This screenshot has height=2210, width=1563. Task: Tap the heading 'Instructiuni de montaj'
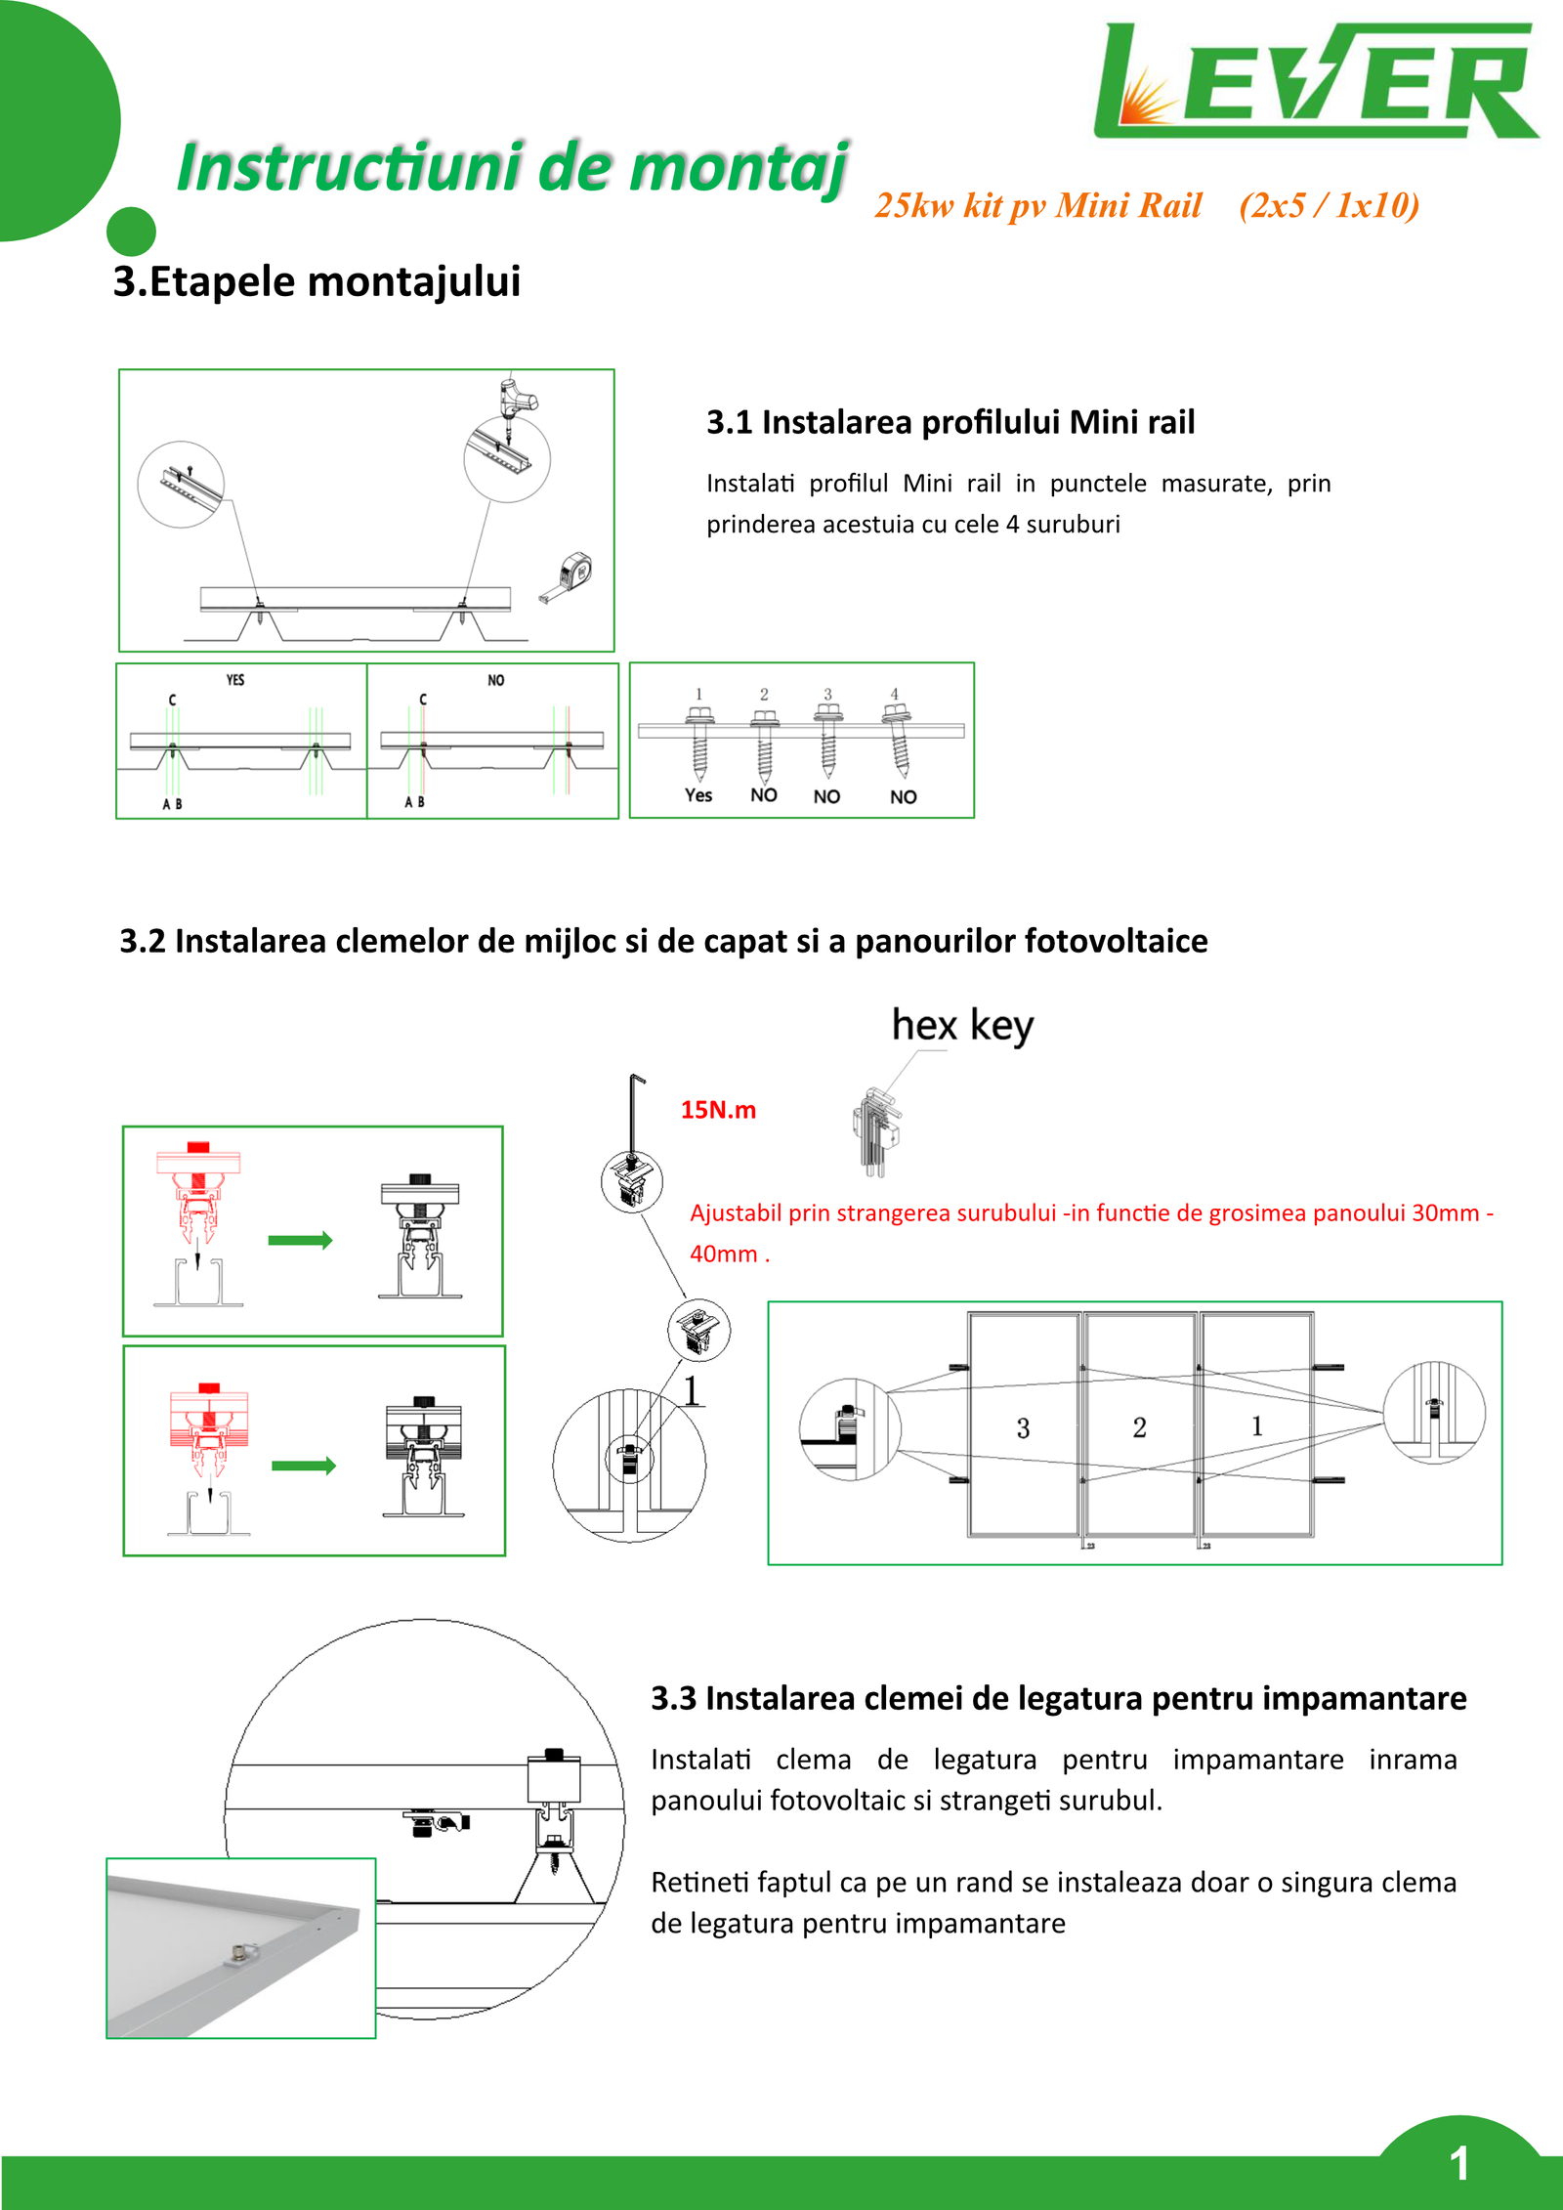click(512, 168)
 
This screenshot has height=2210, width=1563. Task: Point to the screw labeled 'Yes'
click(699, 743)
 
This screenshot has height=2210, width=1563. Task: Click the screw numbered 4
click(897, 743)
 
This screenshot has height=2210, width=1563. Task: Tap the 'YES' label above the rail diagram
click(235, 680)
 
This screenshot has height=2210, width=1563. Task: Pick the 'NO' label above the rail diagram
click(496, 680)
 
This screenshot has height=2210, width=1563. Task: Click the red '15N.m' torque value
click(718, 1110)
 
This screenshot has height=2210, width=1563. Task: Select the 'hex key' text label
click(962, 1026)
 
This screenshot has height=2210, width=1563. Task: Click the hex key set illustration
click(877, 1131)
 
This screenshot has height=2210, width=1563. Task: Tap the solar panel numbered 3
click(1023, 1427)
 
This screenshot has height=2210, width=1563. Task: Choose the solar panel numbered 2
click(1140, 1427)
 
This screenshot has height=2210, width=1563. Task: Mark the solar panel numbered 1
click(1257, 1426)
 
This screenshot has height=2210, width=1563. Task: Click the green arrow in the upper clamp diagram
click(300, 1241)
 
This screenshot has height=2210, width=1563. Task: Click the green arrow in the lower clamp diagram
click(304, 1466)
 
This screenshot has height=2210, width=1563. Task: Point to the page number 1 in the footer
click(1459, 2163)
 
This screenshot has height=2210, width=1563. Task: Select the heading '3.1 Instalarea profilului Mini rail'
click(950, 422)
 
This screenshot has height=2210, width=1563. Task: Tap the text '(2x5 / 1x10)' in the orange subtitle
click(1329, 205)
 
